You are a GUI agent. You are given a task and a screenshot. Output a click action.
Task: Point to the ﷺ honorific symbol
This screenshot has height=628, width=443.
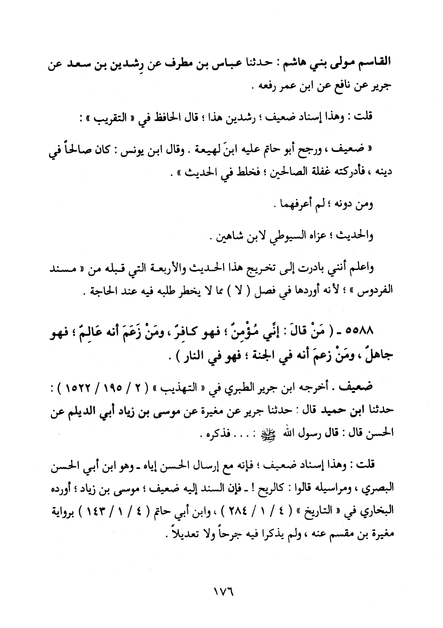coord(269,433)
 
